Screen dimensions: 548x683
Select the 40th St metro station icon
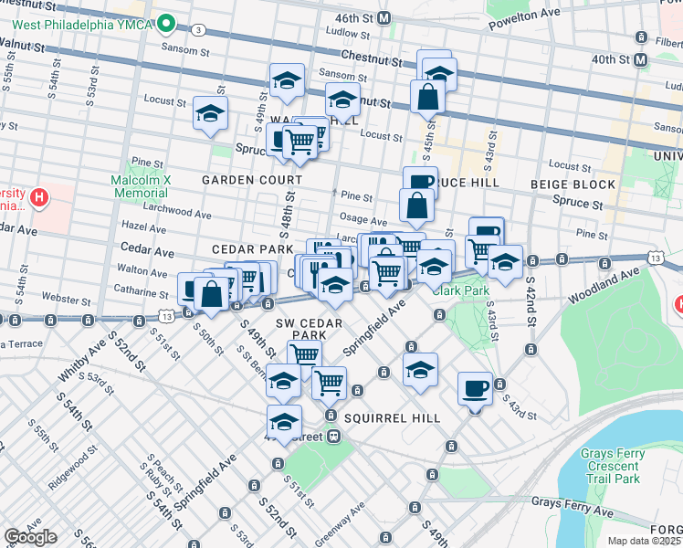[641, 59]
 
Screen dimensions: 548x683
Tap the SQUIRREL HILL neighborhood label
[394, 417]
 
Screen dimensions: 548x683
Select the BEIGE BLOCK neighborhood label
[573, 184]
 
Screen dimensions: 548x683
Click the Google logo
[30, 537]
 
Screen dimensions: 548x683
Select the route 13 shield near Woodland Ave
[656, 259]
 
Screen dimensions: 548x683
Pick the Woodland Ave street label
[603, 285]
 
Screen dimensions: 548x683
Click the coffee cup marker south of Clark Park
[474, 388]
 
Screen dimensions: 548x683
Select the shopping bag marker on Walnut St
[426, 96]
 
